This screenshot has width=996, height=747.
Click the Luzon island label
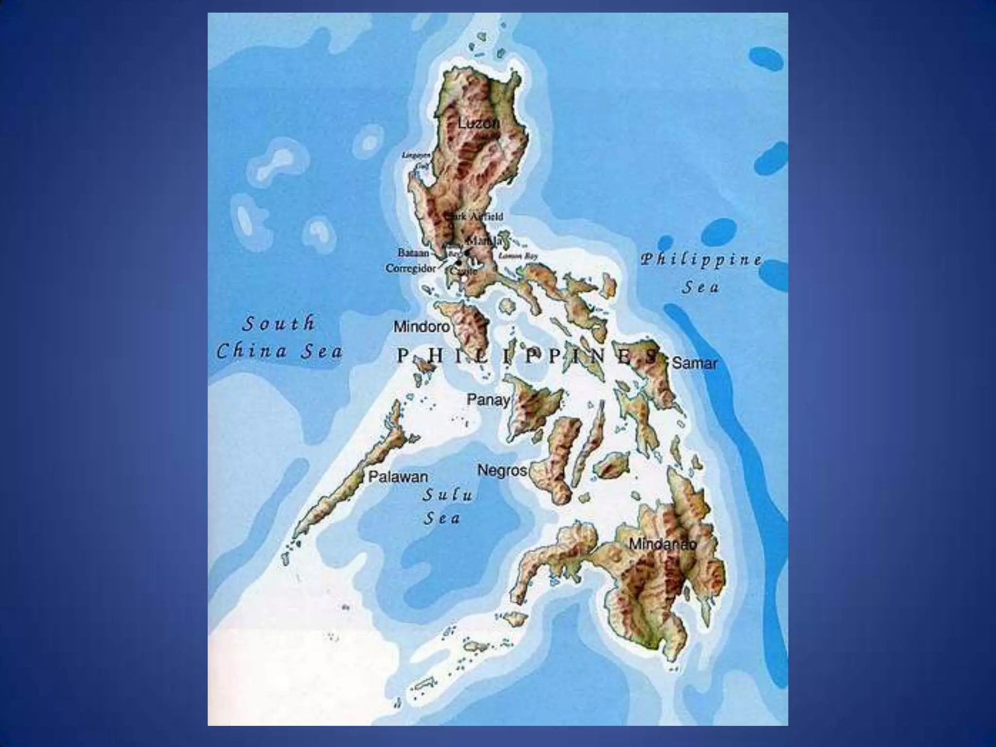pyautogui.click(x=478, y=124)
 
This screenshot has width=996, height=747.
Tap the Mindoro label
pyautogui.click(x=421, y=326)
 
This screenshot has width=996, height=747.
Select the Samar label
pyautogui.click(x=694, y=363)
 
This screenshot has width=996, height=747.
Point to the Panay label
pyautogui.click(x=488, y=400)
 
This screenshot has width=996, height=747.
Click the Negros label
pyautogui.click(x=502, y=470)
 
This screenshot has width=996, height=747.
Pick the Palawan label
pyautogui.click(x=398, y=477)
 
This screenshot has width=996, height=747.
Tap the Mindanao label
pyautogui.click(x=662, y=544)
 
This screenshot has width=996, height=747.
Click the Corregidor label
pyautogui.click(x=410, y=268)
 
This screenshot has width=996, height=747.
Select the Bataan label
pyautogui.click(x=413, y=253)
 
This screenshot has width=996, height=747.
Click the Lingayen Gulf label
pyautogui.click(x=416, y=160)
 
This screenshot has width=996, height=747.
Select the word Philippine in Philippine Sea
pyautogui.click(x=700, y=260)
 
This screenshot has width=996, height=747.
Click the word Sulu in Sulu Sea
pyautogui.click(x=447, y=495)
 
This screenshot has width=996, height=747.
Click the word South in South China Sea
pyautogui.click(x=278, y=323)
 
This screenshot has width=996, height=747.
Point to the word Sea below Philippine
pyautogui.click(x=700, y=287)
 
